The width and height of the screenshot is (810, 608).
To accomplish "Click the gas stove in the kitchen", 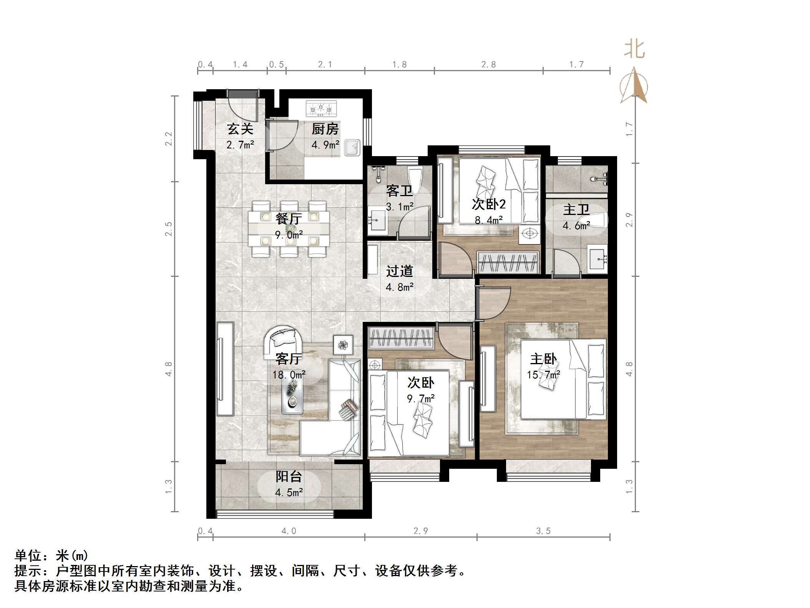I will pos(321,108).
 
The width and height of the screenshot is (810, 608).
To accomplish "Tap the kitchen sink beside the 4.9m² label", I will pos(352,147).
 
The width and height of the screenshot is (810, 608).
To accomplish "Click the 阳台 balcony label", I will pos(289,476).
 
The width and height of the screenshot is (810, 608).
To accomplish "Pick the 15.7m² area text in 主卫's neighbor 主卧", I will pos(543,375).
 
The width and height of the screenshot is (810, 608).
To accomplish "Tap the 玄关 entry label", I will pos(240,129).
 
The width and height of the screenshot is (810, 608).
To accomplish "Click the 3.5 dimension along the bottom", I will pos(543,531).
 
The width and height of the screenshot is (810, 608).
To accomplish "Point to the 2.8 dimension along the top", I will pos(488,65).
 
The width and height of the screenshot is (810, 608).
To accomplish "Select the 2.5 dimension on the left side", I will pos(168,228).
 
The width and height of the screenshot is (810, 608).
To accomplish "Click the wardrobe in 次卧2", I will pos(507,263).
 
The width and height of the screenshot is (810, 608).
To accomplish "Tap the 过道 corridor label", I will pos(400,271).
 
